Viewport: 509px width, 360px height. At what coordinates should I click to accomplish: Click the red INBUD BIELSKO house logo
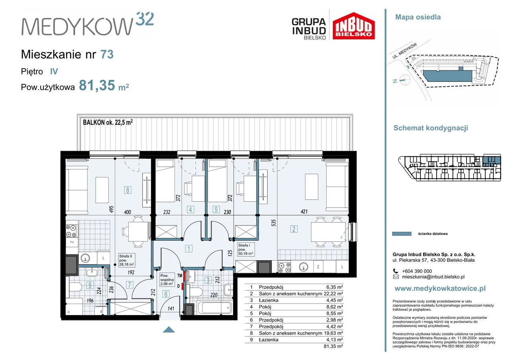(354, 26)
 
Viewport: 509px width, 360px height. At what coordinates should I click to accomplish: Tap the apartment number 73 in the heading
(107, 54)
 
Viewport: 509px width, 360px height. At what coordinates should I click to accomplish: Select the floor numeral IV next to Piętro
(54, 71)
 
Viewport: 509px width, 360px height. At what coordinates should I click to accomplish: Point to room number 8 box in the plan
(128, 190)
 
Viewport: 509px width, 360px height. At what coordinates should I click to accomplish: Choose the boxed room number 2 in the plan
(294, 229)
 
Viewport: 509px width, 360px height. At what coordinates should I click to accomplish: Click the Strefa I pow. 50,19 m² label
(245, 249)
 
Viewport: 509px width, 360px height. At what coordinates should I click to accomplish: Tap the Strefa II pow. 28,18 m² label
(126, 260)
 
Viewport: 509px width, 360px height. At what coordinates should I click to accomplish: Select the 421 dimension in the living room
(304, 212)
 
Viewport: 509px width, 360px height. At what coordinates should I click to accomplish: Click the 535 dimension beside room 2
(274, 223)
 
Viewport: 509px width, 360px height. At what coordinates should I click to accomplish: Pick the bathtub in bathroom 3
(215, 307)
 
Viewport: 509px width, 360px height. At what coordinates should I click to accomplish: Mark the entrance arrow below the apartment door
(169, 329)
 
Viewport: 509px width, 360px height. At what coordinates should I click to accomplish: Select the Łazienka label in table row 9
(268, 340)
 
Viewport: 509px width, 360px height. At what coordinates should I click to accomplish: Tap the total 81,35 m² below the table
(333, 346)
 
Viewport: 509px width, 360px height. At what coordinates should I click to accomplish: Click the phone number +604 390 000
(417, 271)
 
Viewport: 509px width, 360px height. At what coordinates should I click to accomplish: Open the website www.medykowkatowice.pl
(440, 288)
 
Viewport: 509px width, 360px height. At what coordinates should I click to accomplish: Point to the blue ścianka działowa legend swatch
(402, 234)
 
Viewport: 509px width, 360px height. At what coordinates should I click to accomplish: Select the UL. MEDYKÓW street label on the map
(405, 51)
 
